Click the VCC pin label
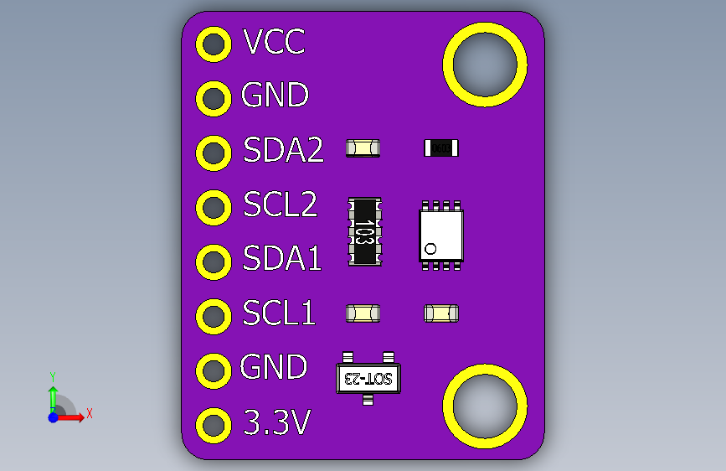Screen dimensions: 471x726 coord(273,41)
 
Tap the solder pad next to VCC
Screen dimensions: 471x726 coord(214,44)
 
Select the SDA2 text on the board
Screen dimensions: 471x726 coord(283,150)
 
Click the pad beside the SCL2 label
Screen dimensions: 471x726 coord(214,207)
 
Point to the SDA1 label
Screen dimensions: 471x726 coord(282,259)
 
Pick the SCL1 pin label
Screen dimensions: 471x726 coord(279,313)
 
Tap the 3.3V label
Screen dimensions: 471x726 coord(277,422)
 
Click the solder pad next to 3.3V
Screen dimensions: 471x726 coord(214,425)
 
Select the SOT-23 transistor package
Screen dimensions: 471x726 coord(368,377)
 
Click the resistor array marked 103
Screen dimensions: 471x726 coord(364,232)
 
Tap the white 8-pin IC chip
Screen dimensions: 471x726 coord(440,235)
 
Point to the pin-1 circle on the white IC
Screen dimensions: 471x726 coord(431,249)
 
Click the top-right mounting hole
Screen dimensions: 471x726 coord(485,65)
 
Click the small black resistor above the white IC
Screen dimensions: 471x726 coord(441,148)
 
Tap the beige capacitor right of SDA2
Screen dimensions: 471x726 coord(363,148)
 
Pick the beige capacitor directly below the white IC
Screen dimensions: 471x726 coord(441,313)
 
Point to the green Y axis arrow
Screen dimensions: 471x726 coord(53,394)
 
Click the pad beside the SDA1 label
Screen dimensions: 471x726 coord(214,261)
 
